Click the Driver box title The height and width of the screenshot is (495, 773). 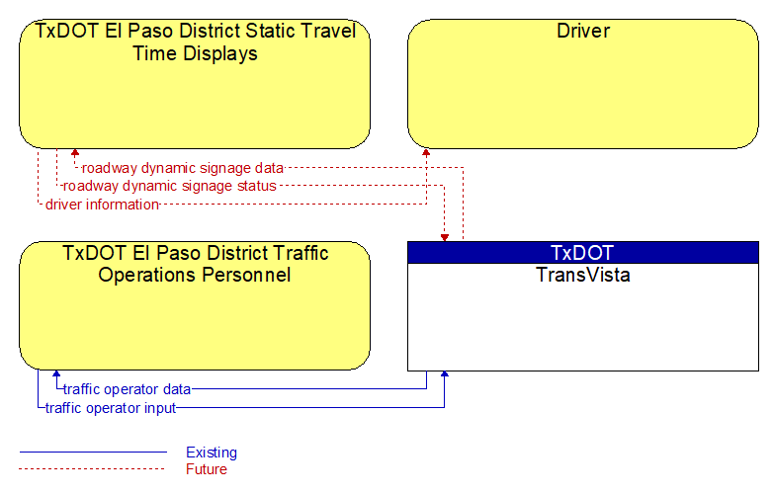(583, 31)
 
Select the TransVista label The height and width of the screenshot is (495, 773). (583, 275)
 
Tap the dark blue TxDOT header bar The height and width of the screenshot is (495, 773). (583, 253)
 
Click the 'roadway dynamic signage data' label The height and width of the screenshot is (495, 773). (183, 168)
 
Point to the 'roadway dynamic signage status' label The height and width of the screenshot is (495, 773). (170, 186)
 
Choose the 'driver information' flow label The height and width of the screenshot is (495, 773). (102, 205)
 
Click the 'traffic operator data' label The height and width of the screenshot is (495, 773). (127, 389)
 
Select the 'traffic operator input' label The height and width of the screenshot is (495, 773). (111, 408)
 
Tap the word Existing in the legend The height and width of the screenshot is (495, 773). (212, 453)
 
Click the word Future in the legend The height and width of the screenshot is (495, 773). (206, 469)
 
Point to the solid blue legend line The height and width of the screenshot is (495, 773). (93, 452)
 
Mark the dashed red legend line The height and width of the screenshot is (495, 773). (92, 469)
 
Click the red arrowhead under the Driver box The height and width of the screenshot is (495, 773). (426, 152)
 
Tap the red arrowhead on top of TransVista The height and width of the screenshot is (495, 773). (445, 238)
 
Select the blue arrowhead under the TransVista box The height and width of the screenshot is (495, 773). (445, 374)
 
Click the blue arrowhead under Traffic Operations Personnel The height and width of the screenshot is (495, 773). (56, 373)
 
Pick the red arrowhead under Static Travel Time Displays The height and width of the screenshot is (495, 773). (75, 152)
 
